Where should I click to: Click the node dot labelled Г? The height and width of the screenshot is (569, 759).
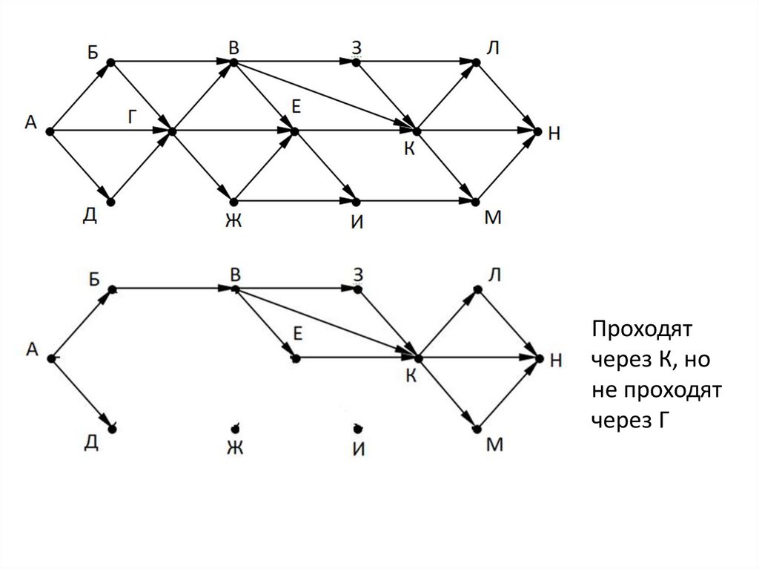click(x=172, y=131)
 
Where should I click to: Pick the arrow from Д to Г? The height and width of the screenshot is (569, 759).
click(x=141, y=166)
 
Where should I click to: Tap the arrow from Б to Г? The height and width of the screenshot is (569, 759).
click(x=141, y=97)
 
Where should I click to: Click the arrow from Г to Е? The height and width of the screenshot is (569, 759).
click(x=233, y=131)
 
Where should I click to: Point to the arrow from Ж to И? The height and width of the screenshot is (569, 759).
click(x=294, y=201)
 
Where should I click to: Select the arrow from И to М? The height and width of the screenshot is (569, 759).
click(x=416, y=201)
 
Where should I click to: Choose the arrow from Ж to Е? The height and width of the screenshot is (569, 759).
click(x=263, y=166)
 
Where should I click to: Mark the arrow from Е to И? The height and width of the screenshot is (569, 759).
click(x=325, y=166)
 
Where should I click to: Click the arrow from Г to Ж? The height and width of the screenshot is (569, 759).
click(x=202, y=166)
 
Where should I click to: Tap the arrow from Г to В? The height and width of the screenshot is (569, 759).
click(x=202, y=97)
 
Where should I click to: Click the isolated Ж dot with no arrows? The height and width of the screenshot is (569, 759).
click(x=234, y=428)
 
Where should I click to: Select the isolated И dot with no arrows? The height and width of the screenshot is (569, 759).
click(x=357, y=428)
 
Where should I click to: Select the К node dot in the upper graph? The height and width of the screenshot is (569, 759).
click(x=416, y=131)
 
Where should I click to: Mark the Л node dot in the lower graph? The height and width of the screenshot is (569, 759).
click(x=478, y=289)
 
